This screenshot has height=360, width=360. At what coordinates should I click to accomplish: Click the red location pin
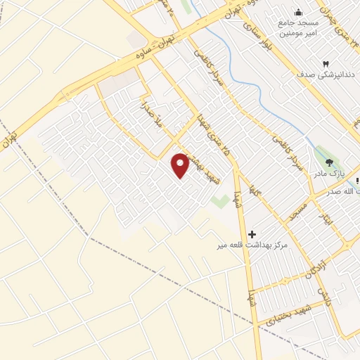click(181, 165)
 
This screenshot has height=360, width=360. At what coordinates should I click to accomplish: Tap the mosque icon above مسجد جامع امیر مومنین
click(299, 12)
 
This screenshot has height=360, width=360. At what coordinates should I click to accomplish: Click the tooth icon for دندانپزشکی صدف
click(326, 63)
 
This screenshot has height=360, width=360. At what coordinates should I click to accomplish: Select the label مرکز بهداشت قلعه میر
click(253, 246)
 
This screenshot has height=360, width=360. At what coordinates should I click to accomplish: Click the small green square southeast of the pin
click(220, 200)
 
